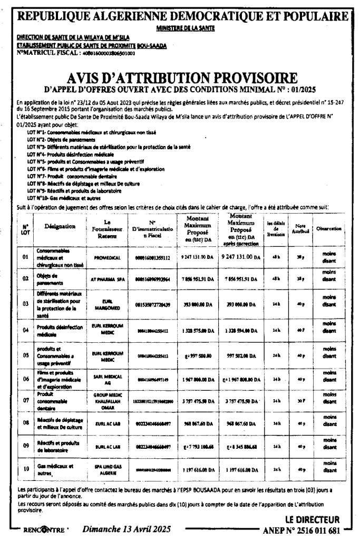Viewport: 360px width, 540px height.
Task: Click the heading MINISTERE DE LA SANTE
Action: click(x=180, y=27)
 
